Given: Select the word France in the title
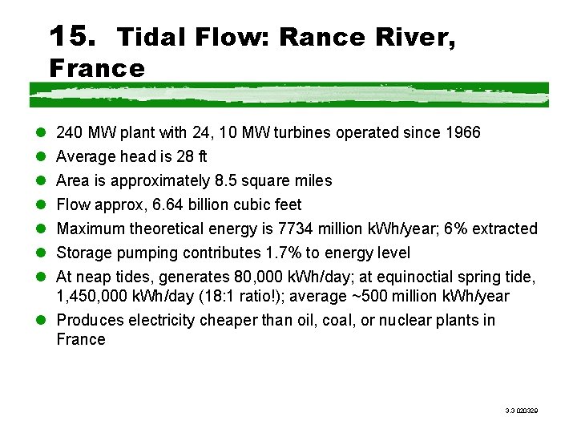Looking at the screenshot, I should click(97, 68).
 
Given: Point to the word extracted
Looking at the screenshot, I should click(505, 229).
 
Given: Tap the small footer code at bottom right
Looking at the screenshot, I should click(521, 410).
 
